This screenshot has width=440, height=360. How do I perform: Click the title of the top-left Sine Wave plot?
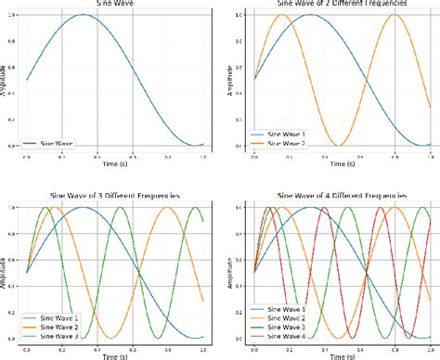tap(110, 4)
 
